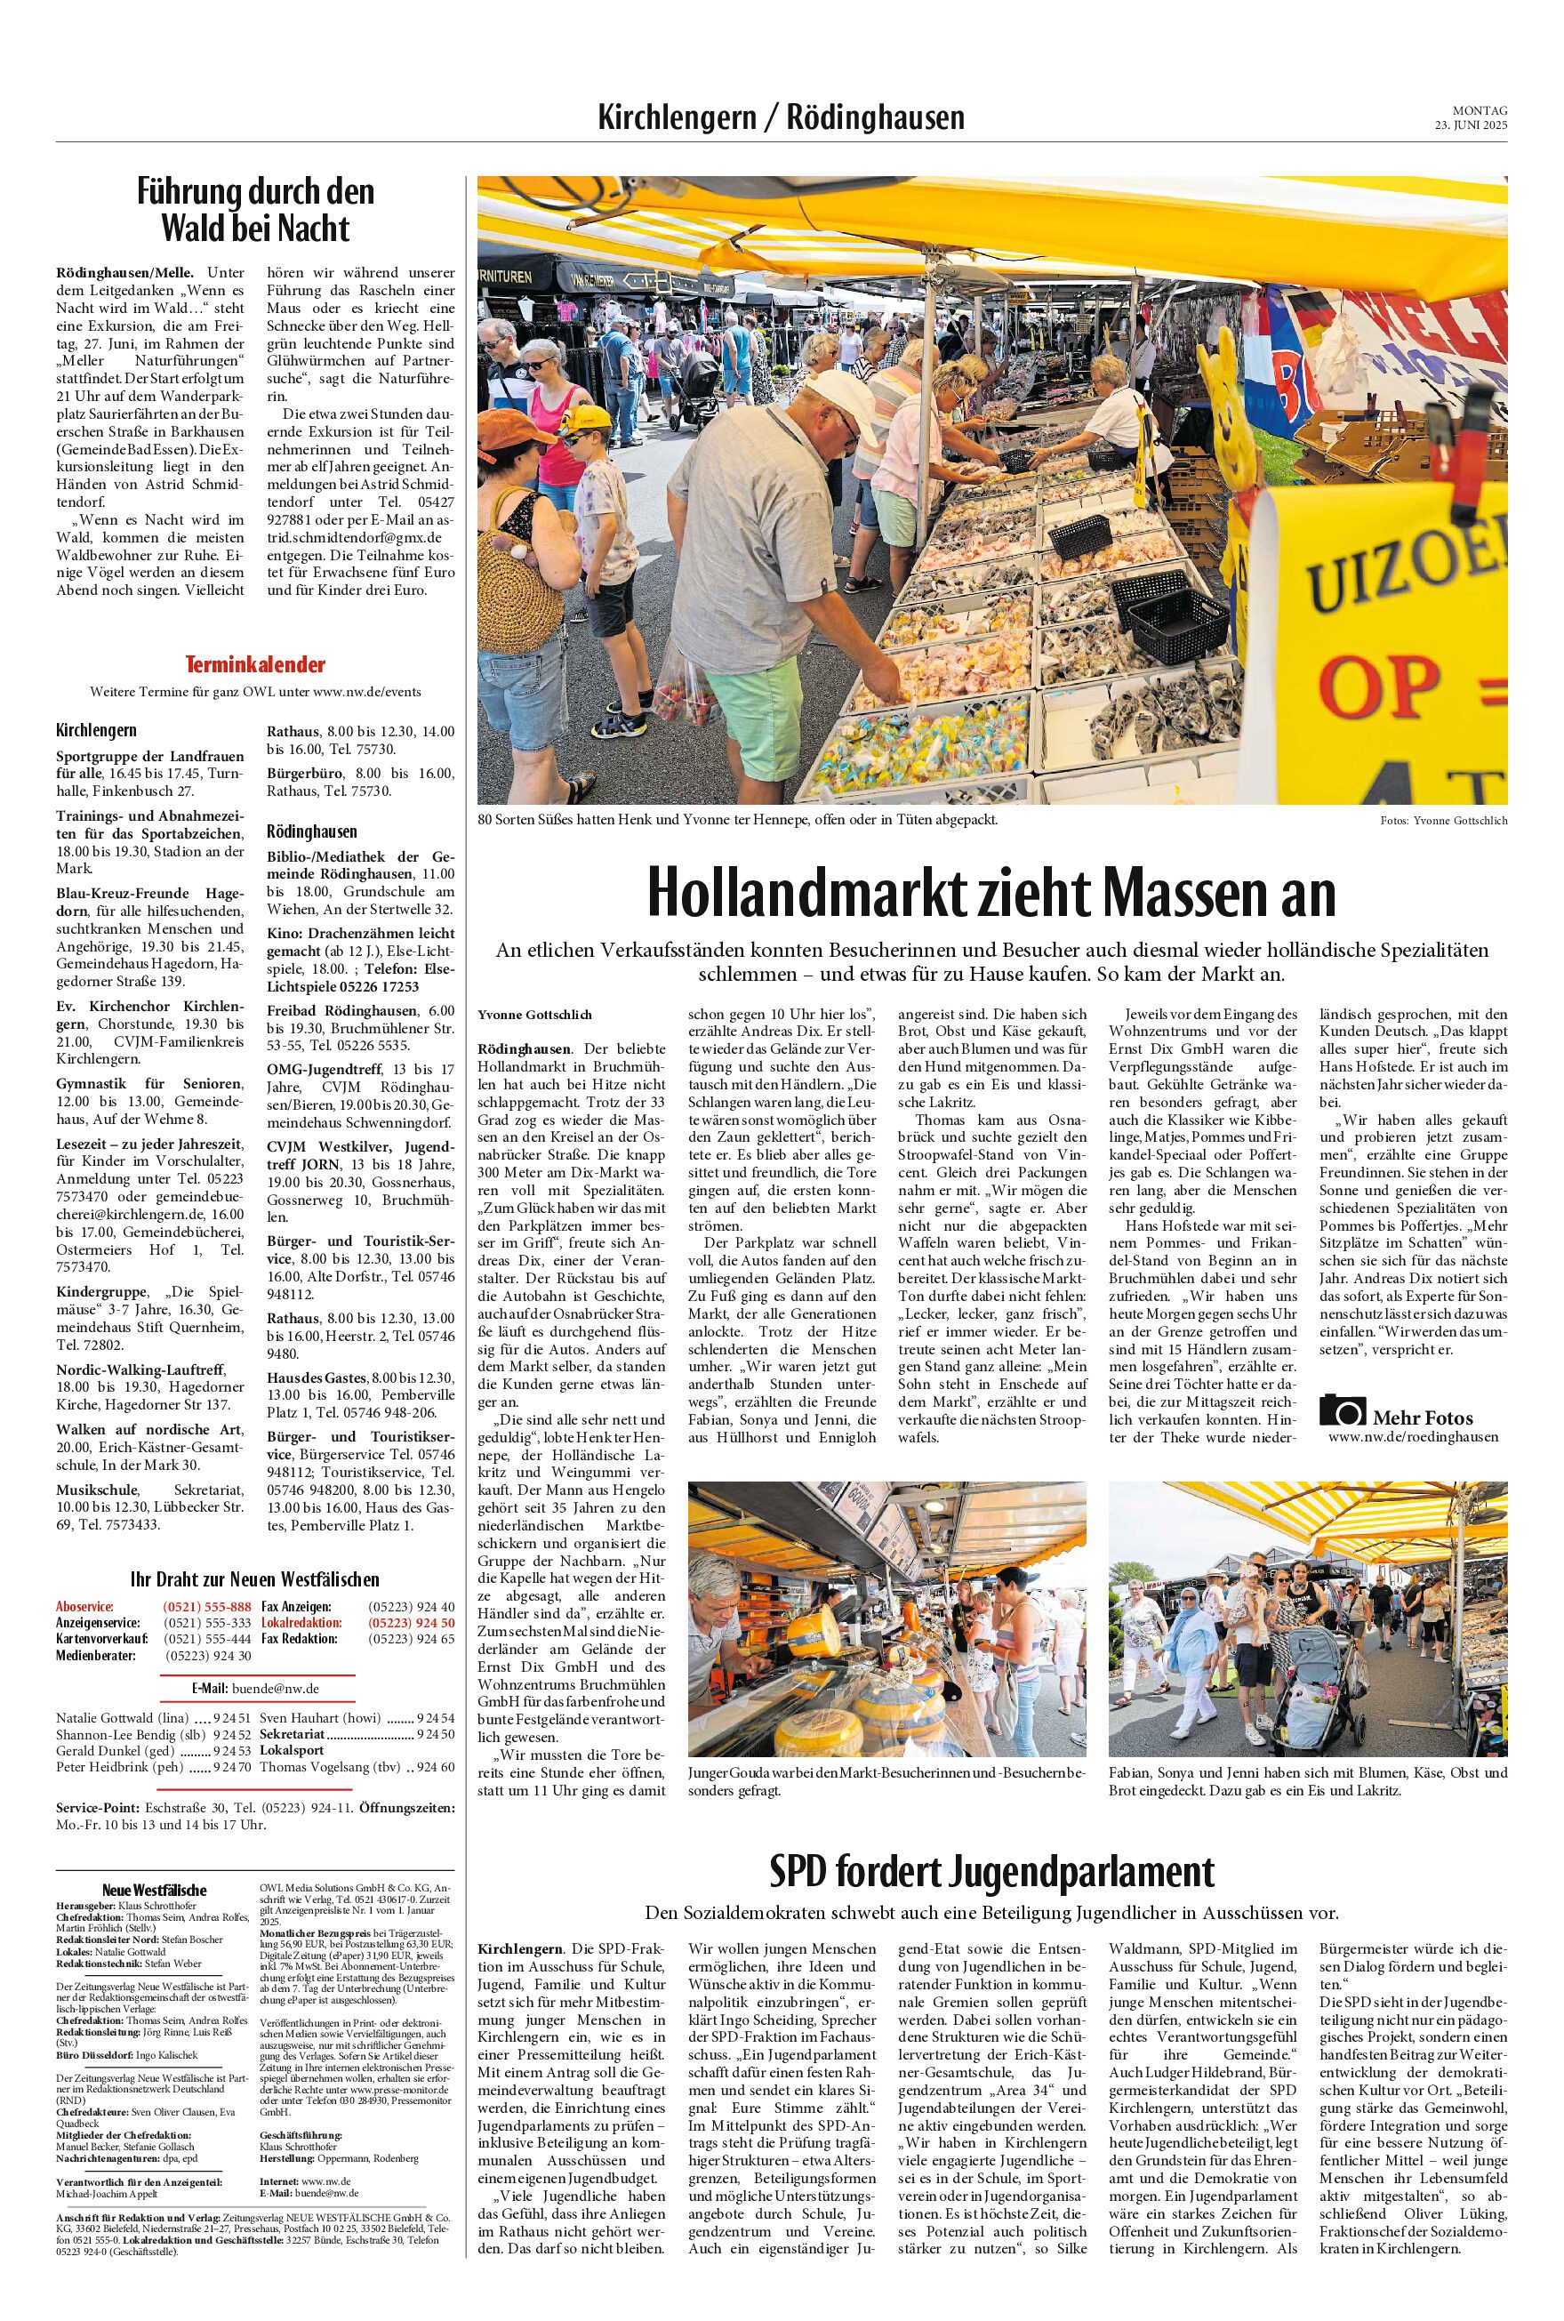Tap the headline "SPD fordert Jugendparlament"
pyautogui.click(x=991, y=1871)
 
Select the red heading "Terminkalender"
pyautogui.click(x=255, y=664)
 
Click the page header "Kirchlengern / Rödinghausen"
pyautogui.click(x=781, y=117)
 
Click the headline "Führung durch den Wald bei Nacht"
pyautogui.click(x=255, y=210)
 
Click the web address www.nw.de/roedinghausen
pyautogui.click(x=1412, y=1436)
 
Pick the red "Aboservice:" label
pyautogui.click(x=85, y=1607)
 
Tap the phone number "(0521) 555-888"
pyautogui.click(x=206, y=1607)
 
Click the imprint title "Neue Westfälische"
pyautogui.click(x=155, y=1890)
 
